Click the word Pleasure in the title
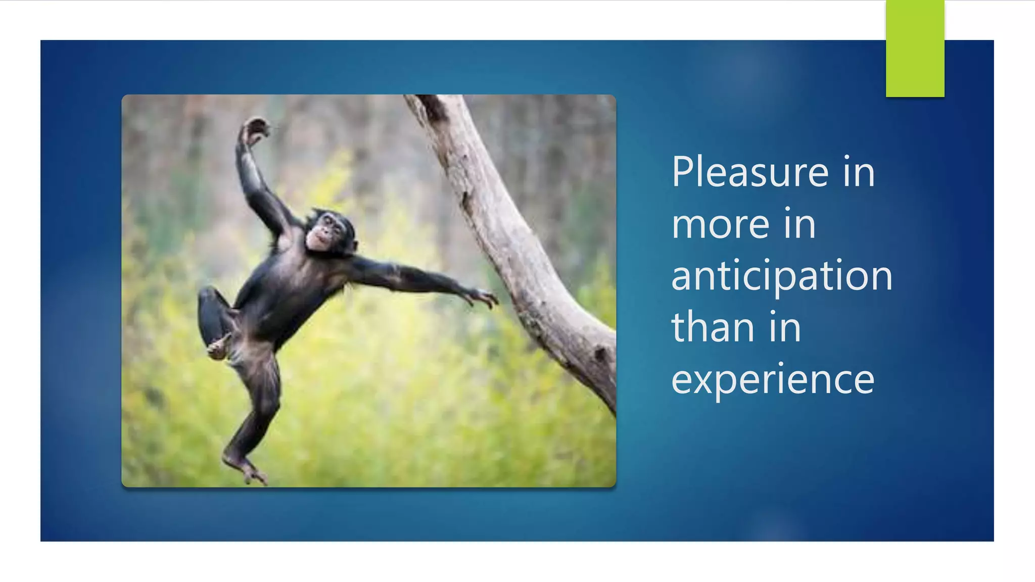[x=750, y=173]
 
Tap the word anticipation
[x=781, y=276]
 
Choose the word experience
[x=772, y=380]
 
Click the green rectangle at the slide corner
[x=915, y=48]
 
